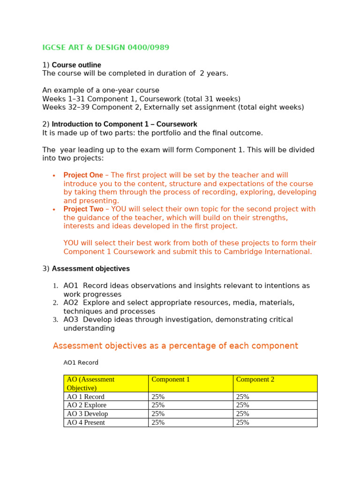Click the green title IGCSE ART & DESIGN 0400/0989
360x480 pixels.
105,47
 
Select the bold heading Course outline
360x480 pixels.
76,65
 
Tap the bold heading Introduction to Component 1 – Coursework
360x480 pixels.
124,124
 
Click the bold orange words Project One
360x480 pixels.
83,175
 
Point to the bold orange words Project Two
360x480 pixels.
83,209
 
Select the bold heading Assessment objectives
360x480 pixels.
90,269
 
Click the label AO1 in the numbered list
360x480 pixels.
71,285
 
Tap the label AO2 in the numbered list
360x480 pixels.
71,303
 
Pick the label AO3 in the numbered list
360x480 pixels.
71,320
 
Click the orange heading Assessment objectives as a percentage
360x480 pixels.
175,346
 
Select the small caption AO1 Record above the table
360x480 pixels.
81,362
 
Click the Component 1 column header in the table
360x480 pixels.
171,380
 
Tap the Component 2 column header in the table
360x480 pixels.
255,380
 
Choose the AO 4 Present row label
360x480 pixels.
86,422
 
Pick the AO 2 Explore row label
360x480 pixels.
86,405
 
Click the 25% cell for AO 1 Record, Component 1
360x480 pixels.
158,397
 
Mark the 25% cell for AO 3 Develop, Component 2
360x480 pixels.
242,414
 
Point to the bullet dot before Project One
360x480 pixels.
54,175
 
